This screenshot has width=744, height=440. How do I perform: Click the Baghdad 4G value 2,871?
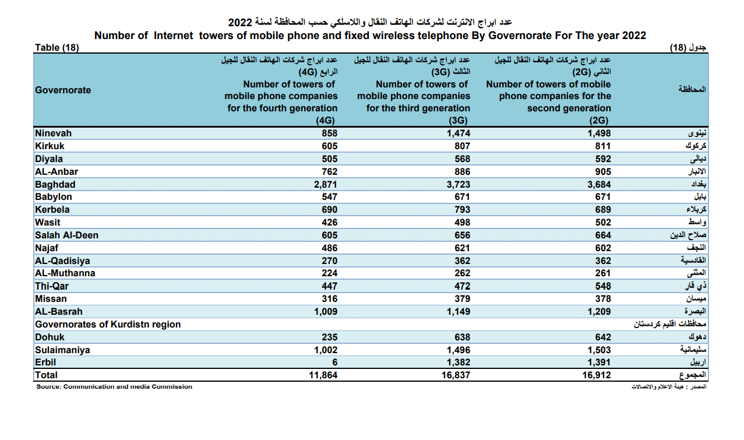click(x=326, y=184)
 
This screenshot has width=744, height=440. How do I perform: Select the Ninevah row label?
click(x=53, y=133)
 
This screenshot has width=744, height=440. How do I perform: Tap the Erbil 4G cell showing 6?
click(x=334, y=362)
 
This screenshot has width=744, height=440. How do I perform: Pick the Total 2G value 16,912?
click(x=596, y=375)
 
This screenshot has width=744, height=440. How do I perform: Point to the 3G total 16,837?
click(x=455, y=375)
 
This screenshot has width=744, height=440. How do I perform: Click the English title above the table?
click(x=370, y=36)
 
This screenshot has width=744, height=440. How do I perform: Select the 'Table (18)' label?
click(x=57, y=48)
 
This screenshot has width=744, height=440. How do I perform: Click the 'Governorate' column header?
click(x=63, y=90)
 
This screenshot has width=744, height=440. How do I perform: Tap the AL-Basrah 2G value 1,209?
click(x=598, y=312)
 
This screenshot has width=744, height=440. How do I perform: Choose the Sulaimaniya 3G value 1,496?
click(x=458, y=350)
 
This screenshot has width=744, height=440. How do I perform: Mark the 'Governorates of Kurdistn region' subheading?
click(x=108, y=325)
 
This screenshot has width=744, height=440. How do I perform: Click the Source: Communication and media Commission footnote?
click(x=114, y=387)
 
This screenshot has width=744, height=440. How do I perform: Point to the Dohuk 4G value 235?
click(x=329, y=337)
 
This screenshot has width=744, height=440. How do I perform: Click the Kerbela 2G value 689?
click(x=603, y=210)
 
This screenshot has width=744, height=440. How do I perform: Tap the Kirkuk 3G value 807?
click(x=462, y=146)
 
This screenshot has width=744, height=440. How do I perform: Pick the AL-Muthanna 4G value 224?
click(x=329, y=273)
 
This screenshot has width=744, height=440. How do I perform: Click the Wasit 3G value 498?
click(x=462, y=223)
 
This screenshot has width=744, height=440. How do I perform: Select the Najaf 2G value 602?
click(x=603, y=248)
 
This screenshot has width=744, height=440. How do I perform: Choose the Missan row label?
click(x=51, y=299)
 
